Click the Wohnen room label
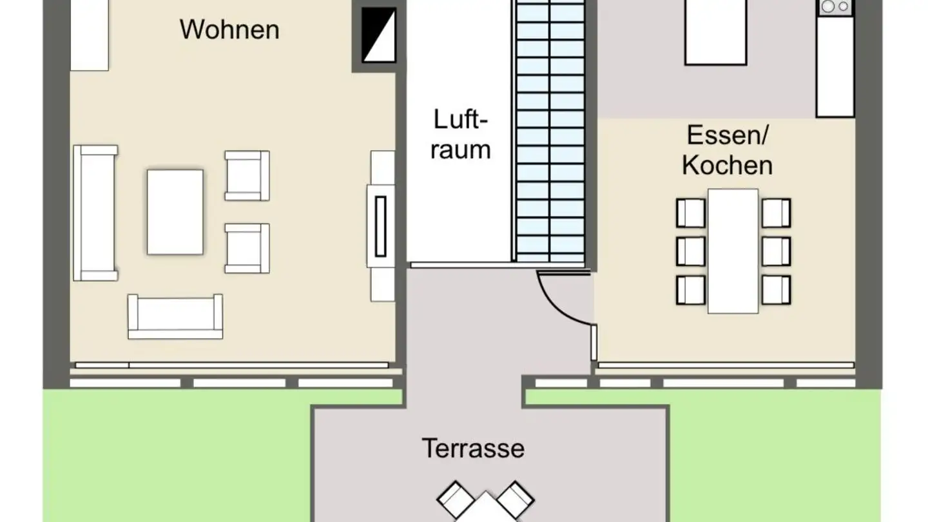click(x=229, y=30)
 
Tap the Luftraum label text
click(x=460, y=134)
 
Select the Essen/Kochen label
click(x=728, y=150)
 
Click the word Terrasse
click(x=473, y=448)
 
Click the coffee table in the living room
click(x=175, y=211)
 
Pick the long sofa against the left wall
click(x=95, y=213)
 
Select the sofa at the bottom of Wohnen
click(x=175, y=316)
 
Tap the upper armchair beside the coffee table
click(x=247, y=175)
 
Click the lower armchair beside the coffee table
click(x=247, y=248)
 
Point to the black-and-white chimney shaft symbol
click(x=378, y=35)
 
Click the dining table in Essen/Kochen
click(x=733, y=251)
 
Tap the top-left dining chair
click(x=690, y=213)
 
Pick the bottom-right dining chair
click(x=776, y=290)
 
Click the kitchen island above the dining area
click(x=715, y=32)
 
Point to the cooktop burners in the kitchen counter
click(x=835, y=6)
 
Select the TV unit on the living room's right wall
click(x=382, y=226)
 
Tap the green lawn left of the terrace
click(x=174, y=458)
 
